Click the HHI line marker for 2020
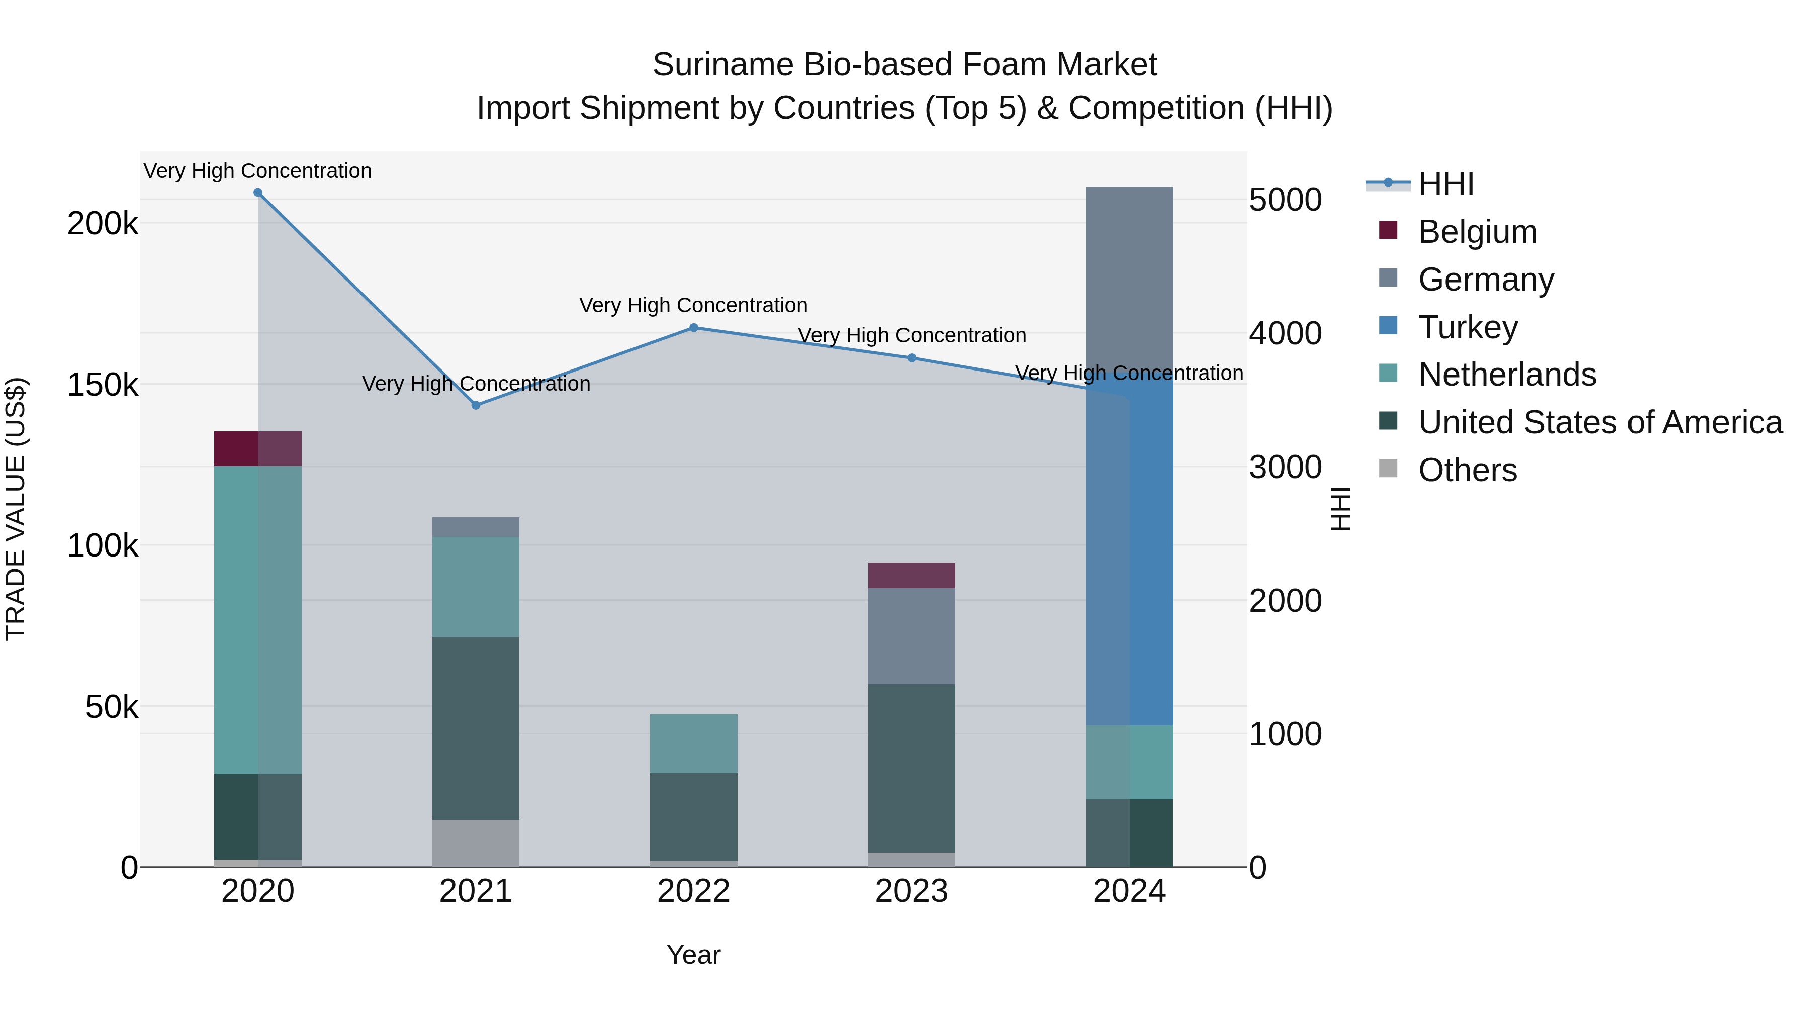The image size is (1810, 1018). [258, 193]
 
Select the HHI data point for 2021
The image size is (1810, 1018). [476, 405]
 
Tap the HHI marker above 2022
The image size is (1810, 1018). [693, 327]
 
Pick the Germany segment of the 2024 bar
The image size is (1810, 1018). [1129, 281]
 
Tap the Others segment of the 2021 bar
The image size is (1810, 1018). [476, 843]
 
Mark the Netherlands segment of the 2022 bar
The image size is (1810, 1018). [693, 744]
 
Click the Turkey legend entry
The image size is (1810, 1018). [1468, 327]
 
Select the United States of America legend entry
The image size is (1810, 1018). [1600, 422]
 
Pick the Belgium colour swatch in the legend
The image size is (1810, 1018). [1388, 230]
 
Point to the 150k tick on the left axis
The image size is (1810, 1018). [103, 385]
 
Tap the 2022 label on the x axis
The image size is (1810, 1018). [693, 891]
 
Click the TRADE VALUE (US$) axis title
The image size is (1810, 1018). [16, 509]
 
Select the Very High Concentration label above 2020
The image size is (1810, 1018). [258, 171]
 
